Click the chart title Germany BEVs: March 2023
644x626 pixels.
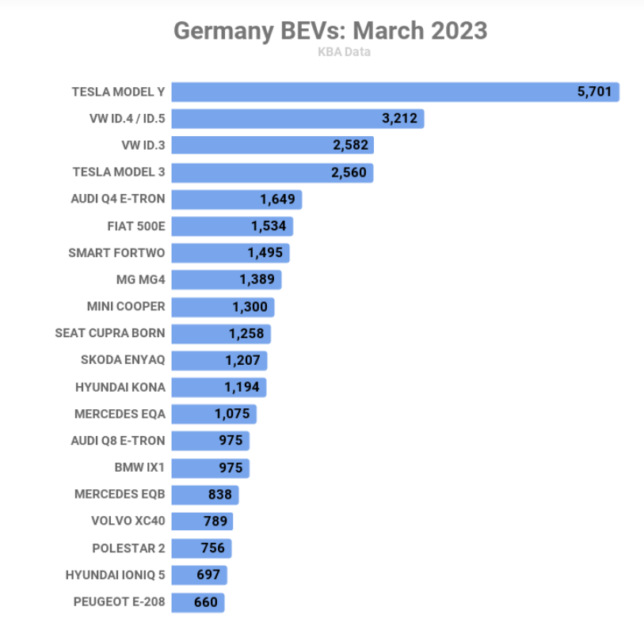click(x=330, y=31)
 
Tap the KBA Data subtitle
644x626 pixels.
click(x=344, y=52)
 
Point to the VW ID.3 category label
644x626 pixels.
click(x=143, y=146)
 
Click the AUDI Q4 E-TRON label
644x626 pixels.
click(x=118, y=199)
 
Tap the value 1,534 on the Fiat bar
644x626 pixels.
click(x=268, y=226)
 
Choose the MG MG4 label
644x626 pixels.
click(x=140, y=279)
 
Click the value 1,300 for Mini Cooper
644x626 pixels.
click(x=250, y=306)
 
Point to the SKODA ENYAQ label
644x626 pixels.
click(x=123, y=360)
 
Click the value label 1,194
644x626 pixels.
click(x=242, y=387)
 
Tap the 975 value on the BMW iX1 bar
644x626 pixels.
click(x=231, y=468)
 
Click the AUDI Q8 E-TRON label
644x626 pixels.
click(x=118, y=441)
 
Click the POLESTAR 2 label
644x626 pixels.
click(x=128, y=548)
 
